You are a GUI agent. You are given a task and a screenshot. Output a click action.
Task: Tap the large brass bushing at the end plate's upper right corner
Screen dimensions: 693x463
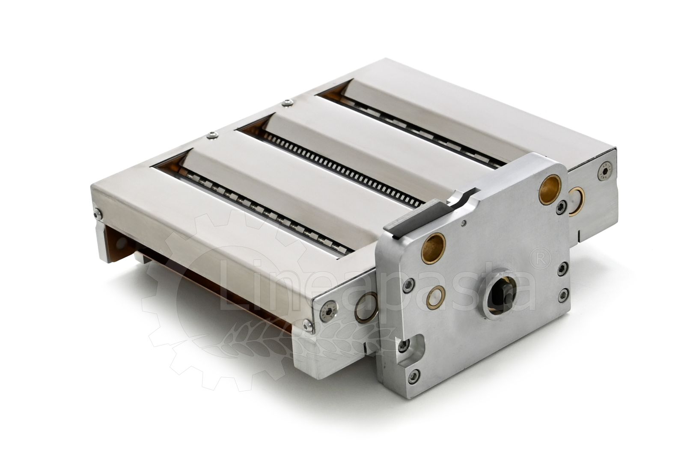[550, 185]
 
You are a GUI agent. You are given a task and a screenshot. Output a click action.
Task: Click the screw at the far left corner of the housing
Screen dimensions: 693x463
[98, 213]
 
